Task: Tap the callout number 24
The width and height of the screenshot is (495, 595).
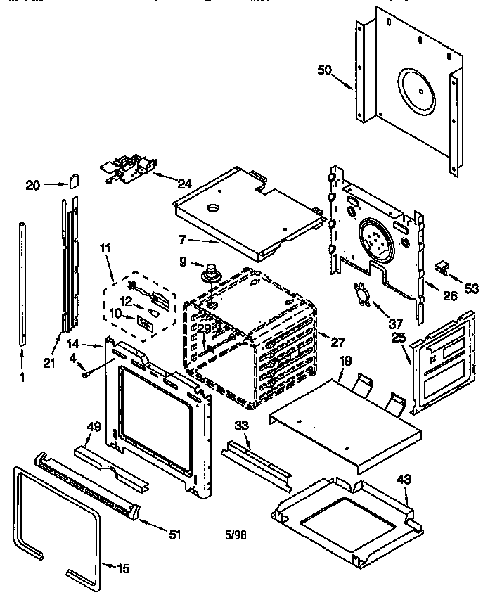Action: [x=184, y=184]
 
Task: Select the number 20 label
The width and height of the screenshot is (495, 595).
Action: [x=32, y=185]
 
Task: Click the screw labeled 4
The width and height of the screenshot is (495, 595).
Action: [x=86, y=375]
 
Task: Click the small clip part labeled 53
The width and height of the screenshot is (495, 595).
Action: [x=442, y=266]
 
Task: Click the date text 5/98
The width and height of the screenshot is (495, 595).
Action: [x=235, y=535]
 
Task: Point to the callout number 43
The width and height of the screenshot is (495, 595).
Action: [x=403, y=479]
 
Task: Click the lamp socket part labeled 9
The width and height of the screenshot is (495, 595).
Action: [x=209, y=272]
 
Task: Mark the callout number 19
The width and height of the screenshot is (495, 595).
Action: [x=345, y=362]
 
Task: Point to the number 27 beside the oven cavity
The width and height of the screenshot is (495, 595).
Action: [x=337, y=343]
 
